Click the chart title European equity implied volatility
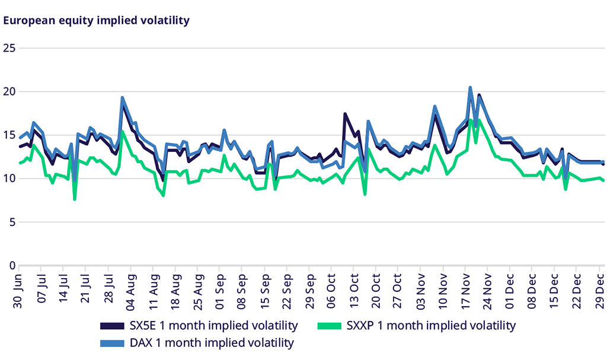97,20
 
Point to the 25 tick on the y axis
8,48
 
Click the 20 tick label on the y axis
8,92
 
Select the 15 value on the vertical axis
8,135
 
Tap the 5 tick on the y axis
11,222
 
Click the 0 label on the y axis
11,266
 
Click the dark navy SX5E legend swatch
111,326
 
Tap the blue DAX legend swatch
111,343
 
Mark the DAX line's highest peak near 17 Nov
470,88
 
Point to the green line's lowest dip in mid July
75,199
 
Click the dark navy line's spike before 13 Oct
345,114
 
